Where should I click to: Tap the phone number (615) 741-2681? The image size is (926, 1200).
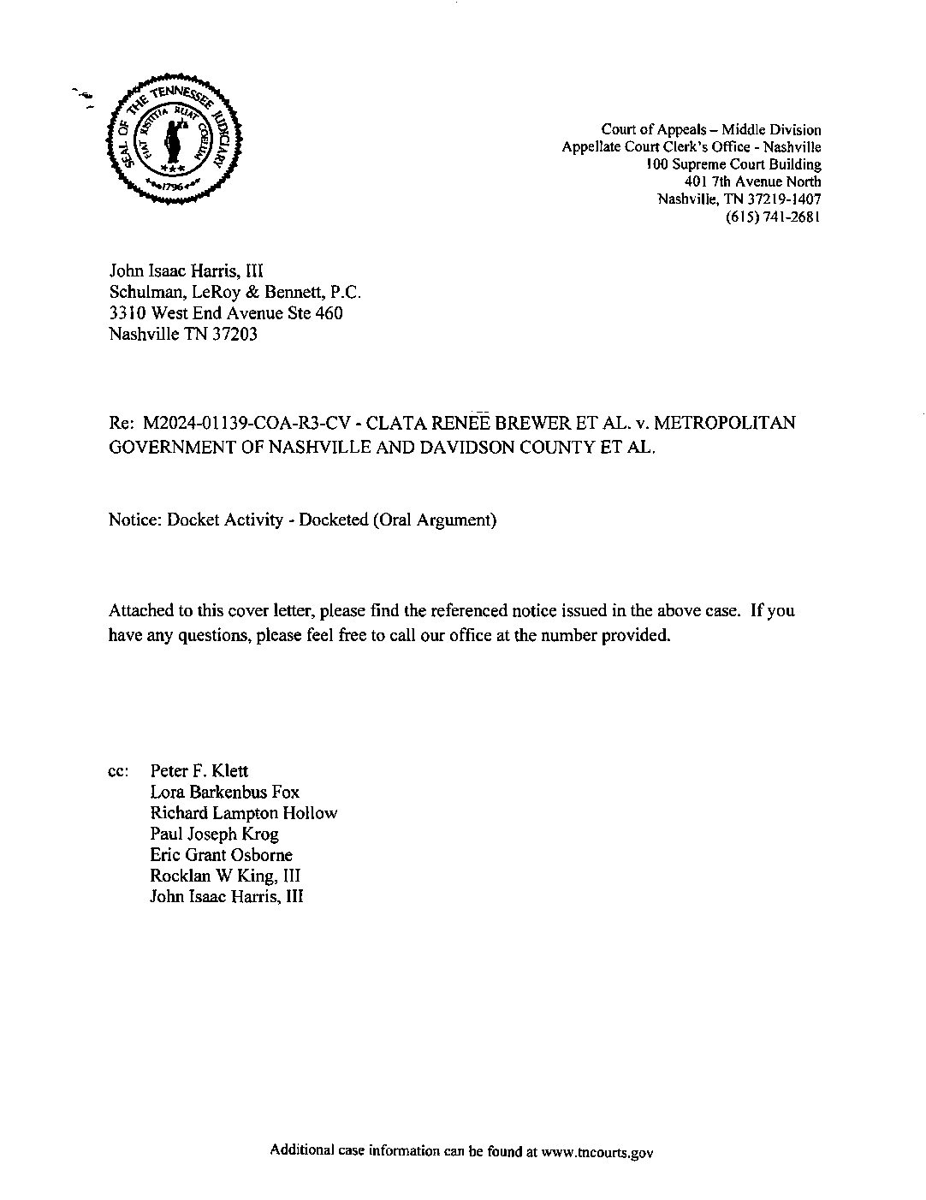click(x=773, y=217)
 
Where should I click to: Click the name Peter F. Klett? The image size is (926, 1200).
click(x=199, y=771)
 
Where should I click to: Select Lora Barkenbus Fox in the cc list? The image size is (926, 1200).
click(x=224, y=792)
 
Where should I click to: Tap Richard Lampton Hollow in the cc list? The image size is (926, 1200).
click(x=243, y=813)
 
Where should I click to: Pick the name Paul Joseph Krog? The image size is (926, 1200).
click(x=214, y=834)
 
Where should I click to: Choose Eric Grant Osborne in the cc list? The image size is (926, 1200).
click(x=221, y=854)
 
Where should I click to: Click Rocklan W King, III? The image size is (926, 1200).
click(x=225, y=876)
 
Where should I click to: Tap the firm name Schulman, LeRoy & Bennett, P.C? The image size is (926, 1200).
click(x=229, y=292)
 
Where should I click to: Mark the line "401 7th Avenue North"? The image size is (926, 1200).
click(x=752, y=181)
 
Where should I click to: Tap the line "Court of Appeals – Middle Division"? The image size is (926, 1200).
click(x=710, y=130)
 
